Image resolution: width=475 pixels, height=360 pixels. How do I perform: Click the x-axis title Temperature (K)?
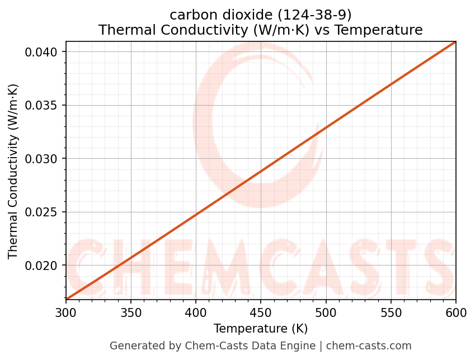click(x=261, y=328)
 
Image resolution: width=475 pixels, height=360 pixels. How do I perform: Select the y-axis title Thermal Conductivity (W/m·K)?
click(x=13, y=171)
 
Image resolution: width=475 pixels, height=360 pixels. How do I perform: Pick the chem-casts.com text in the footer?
click(x=369, y=346)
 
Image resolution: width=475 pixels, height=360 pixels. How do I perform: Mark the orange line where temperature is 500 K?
click(x=326, y=127)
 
